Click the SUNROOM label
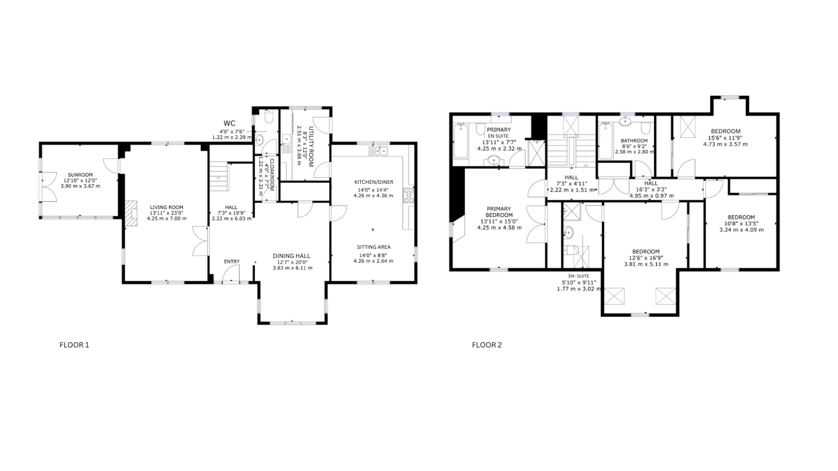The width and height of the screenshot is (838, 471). click(80, 175)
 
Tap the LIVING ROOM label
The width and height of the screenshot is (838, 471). click(167, 207)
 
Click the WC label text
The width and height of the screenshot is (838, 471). click(230, 123)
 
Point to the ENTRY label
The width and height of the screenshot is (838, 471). click(232, 262)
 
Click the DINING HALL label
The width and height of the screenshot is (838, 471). click(292, 256)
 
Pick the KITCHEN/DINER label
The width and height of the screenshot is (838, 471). click(374, 182)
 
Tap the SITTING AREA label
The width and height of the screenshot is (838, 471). click(374, 247)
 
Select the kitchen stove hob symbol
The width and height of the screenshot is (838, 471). click(408, 196)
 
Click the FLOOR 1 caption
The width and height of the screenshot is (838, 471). click(74, 345)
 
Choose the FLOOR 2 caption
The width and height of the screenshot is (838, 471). click(487, 345)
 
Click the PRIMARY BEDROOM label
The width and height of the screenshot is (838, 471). click(499, 212)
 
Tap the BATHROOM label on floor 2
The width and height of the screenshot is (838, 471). click(634, 141)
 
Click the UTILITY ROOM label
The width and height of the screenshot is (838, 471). click(311, 147)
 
